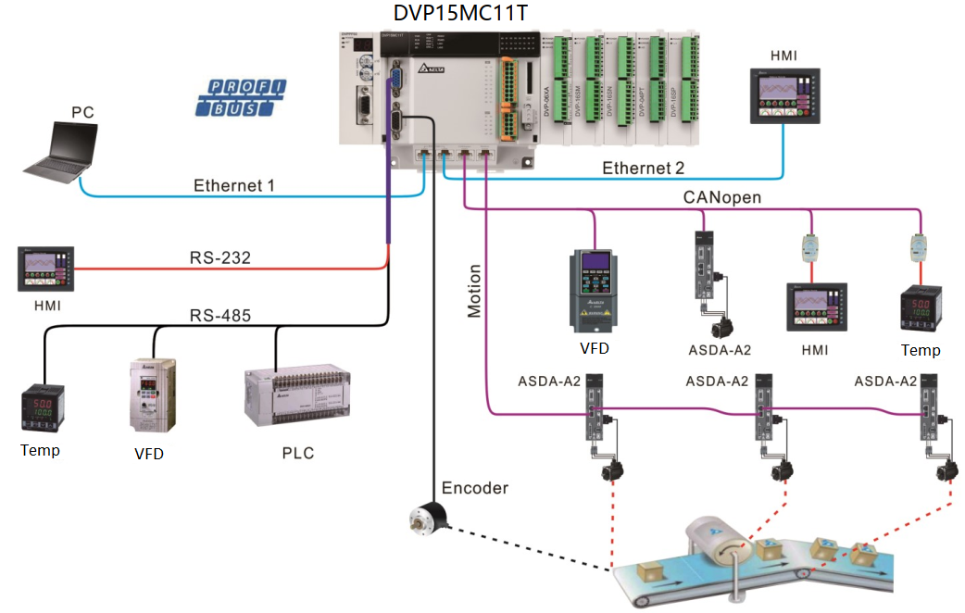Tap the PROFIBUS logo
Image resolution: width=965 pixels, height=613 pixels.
(241, 98)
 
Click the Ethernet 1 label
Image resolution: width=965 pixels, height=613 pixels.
(234, 185)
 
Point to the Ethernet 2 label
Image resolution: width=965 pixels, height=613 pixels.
(644, 169)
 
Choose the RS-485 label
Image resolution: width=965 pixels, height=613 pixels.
(220, 315)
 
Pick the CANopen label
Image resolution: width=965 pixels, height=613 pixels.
(723, 196)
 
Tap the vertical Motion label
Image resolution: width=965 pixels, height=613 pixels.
(475, 292)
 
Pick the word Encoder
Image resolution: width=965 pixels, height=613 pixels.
(475, 488)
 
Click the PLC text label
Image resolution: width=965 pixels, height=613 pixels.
(297, 453)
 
